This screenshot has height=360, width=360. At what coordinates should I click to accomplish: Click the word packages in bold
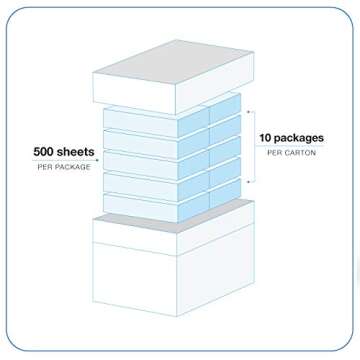pyautogui.click(x=304, y=143)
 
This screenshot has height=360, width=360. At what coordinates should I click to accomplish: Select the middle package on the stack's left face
pyautogui.click(x=156, y=161)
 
